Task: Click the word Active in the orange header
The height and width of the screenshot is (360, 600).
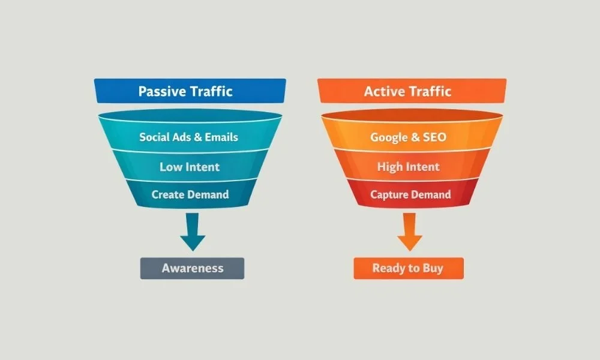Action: click(384, 92)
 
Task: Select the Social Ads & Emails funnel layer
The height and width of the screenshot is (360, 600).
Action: click(189, 137)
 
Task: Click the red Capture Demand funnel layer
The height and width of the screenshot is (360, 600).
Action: click(410, 194)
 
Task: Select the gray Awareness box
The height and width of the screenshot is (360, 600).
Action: click(192, 268)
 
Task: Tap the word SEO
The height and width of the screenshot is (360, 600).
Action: click(434, 137)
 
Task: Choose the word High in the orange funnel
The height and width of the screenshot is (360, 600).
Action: click(390, 167)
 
